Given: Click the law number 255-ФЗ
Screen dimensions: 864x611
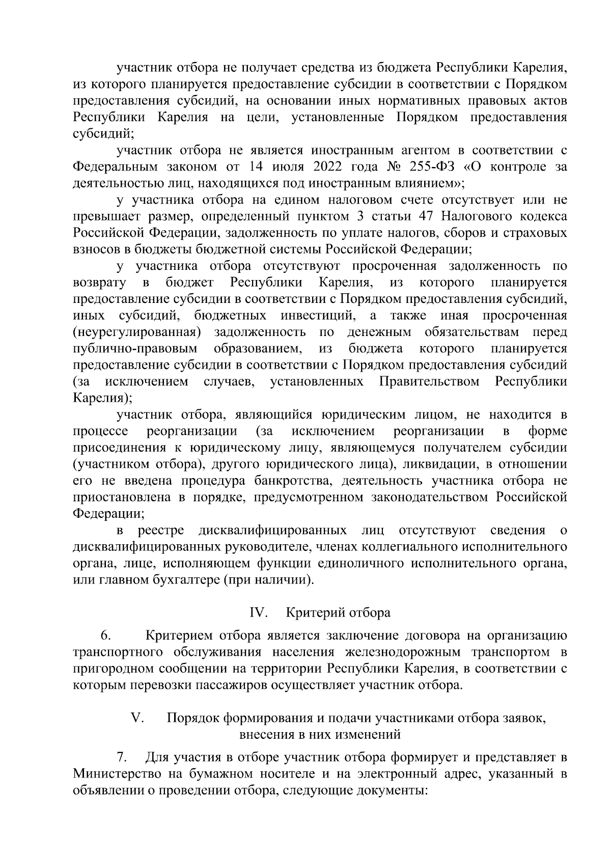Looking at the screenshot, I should coord(421,166).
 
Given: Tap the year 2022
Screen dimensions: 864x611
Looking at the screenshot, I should coord(321,166).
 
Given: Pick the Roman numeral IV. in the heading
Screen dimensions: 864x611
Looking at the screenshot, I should coord(259,612).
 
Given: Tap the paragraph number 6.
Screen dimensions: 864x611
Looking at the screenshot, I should coord(105,636).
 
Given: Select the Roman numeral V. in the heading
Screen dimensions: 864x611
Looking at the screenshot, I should coord(137,718).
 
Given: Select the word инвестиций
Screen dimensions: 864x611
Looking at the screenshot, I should coord(318,315).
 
